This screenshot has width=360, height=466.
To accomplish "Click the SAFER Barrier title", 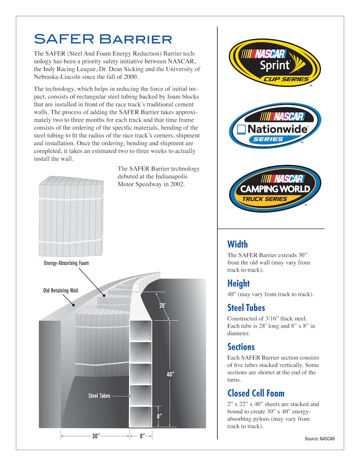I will (x=103, y=38).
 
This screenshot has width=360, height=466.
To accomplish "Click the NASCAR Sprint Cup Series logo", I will (x=274, y=63).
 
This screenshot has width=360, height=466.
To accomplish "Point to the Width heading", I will (x=237, y=244).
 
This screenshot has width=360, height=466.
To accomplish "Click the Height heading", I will (x=238, y=284).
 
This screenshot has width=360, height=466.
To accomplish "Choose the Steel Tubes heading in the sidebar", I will (x=246, y=308).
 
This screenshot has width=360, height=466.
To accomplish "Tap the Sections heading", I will (x=241, y=347).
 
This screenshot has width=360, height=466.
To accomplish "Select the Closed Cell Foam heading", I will (x=256, y=393).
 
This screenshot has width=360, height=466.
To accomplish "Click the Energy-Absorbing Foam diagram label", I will (x=66, y=263).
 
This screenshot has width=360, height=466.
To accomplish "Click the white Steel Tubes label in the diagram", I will (x=99, y=396).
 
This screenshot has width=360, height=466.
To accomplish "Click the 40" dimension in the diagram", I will (x=170, y=375).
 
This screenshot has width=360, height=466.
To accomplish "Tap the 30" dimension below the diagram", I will (x=96, y=436).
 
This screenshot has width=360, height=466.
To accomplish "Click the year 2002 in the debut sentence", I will (x=175, y=185).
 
